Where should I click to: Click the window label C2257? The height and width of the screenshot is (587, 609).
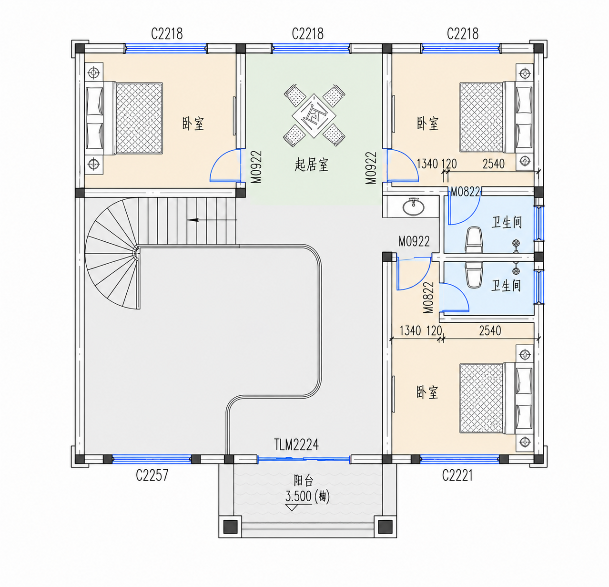tap(152, 475)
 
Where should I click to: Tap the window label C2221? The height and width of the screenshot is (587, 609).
tap(457, 475)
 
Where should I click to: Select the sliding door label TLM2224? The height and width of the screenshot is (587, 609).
tap(296, 444)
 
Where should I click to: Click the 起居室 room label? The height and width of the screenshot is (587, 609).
tap(311, 165)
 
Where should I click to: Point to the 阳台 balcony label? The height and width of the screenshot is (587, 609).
tap(303, 480)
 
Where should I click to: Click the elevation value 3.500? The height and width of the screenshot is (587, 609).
tap(298, 496)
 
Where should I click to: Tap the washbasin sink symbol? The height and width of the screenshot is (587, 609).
tap(414, 206)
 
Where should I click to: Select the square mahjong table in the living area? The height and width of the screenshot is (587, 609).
tap(314, 116)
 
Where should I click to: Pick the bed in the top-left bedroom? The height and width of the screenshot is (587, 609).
tap(124, 118)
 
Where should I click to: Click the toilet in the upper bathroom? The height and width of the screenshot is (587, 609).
tap(474, 240)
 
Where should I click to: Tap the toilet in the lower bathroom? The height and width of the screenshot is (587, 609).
tap(474, 274)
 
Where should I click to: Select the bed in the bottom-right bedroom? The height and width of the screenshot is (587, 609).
tap(497, 399)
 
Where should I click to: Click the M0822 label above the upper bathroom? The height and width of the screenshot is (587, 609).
tap(465, 192)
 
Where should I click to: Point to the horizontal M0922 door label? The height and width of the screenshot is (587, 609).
tap(414, 241)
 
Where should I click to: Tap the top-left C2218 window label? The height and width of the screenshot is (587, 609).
tap(167, 34)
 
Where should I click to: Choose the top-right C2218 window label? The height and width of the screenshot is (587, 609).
tap(463, 34)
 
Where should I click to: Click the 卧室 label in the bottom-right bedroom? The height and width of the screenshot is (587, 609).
tap(427, 391)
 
